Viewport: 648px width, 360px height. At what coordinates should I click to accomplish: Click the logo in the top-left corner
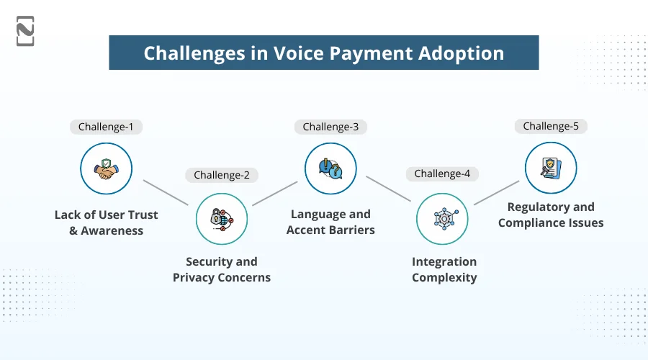[25, 31]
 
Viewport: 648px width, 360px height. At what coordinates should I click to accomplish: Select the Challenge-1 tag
[106, 127]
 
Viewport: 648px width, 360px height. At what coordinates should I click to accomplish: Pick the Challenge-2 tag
[221, 175]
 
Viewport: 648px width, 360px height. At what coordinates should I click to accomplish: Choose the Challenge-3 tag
[330, 127]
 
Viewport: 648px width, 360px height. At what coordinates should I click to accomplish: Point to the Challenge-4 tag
[442, 174]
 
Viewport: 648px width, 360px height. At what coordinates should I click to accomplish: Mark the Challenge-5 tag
[551, 126]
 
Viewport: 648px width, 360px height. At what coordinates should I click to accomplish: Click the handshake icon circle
[106, 169]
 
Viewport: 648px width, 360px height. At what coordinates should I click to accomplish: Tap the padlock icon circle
[221, 218]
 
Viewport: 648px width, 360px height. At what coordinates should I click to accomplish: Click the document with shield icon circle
[551, 168]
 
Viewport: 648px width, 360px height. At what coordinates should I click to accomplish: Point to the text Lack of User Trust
[106, 215]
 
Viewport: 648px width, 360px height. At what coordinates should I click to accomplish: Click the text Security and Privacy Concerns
[221, 269]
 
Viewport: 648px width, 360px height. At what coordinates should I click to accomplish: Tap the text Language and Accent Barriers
[330, 222]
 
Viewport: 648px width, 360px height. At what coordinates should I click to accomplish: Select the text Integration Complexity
[444, 269]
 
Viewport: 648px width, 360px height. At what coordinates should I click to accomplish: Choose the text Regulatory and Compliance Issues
[551, 215]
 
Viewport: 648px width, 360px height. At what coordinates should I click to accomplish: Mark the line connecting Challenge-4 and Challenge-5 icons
[496, 192]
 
